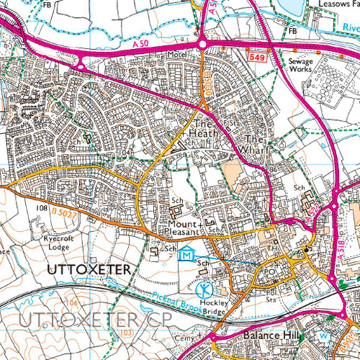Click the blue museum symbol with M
click(187, 254)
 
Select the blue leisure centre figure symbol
click(204, 290)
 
